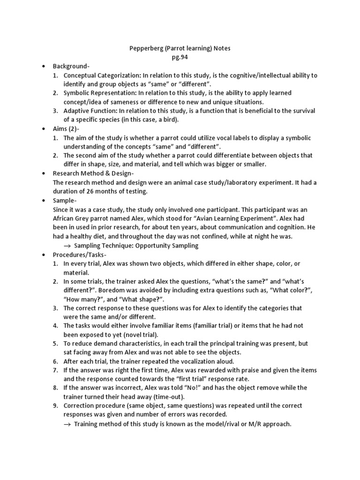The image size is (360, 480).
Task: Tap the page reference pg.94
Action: tap(180, 57)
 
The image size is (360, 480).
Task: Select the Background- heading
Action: tap(71, 66)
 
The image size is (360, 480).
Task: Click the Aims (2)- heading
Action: tap(66, 128)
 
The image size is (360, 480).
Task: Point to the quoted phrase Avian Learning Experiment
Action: tap(230, 218)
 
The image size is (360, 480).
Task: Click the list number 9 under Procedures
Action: tap(55, 405)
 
